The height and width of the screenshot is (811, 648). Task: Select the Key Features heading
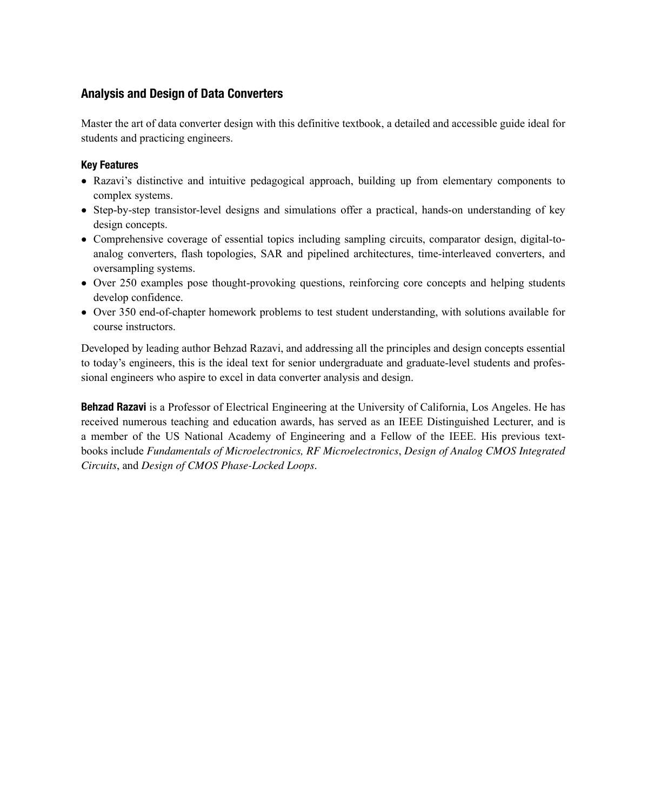[x=110, y=165]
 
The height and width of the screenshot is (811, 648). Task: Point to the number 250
[x=128, y=283]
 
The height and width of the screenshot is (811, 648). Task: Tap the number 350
[x=127, y=312]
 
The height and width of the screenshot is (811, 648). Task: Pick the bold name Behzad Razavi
[x=113, y=406]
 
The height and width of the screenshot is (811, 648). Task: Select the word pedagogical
[x=274, y=181]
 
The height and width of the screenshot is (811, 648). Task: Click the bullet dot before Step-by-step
[x=84, y=211]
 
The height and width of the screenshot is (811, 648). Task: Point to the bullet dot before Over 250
[x=84, y=284]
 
